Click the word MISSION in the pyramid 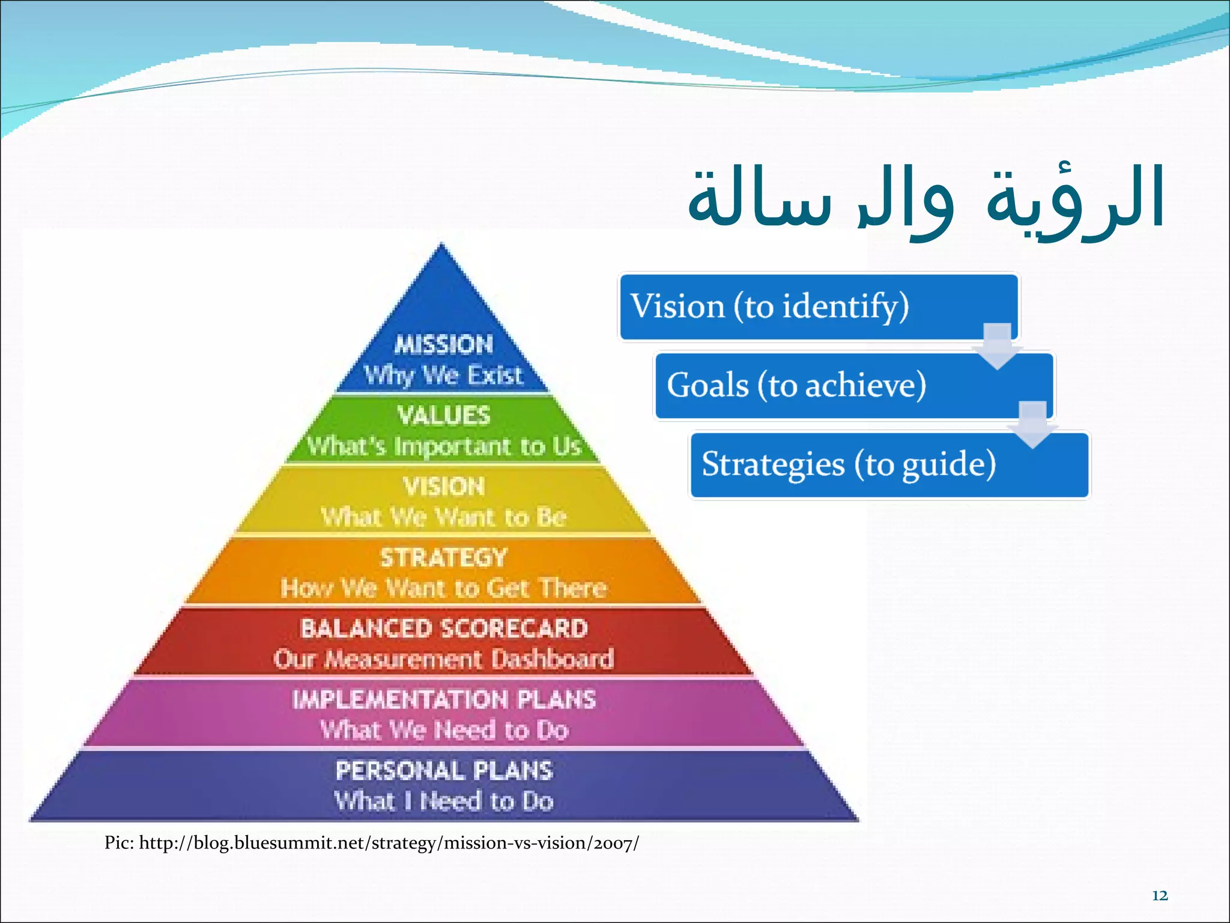444,345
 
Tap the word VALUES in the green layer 444,416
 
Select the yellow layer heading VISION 444,487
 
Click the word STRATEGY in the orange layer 444,558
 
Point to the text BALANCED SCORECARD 444,629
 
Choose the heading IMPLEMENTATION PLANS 444,699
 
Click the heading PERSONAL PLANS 444,770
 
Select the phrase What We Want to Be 444,517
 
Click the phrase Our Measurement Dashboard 444,659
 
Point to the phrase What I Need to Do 444,801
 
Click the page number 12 1160,896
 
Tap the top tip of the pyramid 442,246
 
